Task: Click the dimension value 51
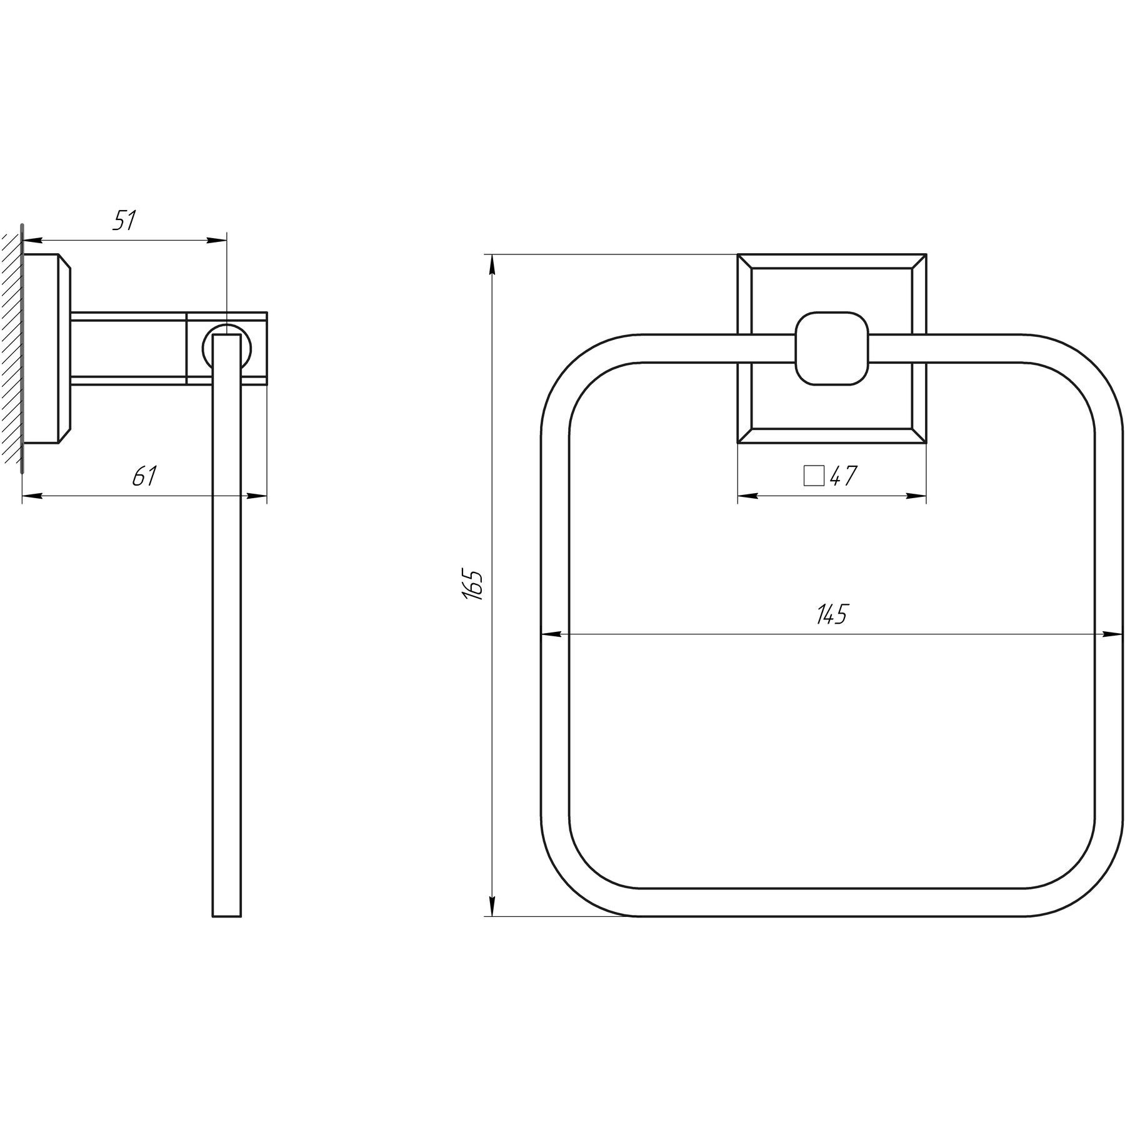[x=124, y=221]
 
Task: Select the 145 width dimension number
[x=831, y=614]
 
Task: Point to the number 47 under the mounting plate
[x=843, y=476]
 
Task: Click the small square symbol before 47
[x=814, y=476]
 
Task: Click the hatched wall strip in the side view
[x=11, y=347]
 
